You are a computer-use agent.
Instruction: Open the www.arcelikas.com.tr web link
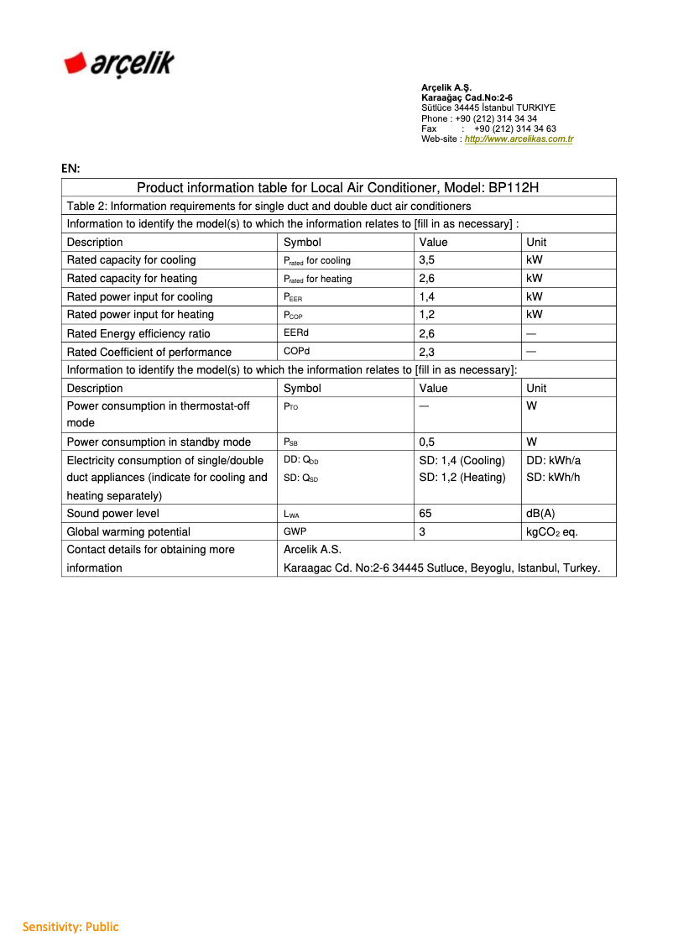pyautogui.click(x=519, y=139)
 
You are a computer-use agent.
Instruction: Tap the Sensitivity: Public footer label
pyautogui.click(x=70, y=927)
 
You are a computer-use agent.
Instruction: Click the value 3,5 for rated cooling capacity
pyautogui.click(x=426, y=260)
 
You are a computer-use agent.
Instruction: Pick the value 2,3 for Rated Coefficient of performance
pyautogui.click(x=426, y=352)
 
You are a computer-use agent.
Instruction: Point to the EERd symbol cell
pyautogui.click(x=296, y=333)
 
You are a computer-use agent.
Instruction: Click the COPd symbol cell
pyautogui.click(x=296, y=352)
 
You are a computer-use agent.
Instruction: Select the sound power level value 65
pyautogui.click(x=425, y=513)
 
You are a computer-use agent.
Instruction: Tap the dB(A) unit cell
pyautogui.click(x=540, y=513)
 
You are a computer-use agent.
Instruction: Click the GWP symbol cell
pyautogui.click(x=295, y=531)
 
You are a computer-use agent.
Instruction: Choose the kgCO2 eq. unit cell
pyautogui.click(x=551, y=531)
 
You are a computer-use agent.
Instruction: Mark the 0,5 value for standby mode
pyautogui.click(x=426, y=442)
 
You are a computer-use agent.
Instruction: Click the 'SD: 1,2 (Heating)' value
pyautogui.click(x=462, y=478)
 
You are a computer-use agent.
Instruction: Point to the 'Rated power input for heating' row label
pyautogui.click(x=140, y=315)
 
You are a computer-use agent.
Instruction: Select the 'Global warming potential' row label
pyautogui.click(x=128, y=531)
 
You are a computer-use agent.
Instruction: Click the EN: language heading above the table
pyautogui.click(x=70, y=168)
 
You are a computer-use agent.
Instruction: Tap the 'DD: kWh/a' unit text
pyautogui.click(x=553, y=460)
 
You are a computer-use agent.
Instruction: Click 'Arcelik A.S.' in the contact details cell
pyautogui.click(x=312, y=550)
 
